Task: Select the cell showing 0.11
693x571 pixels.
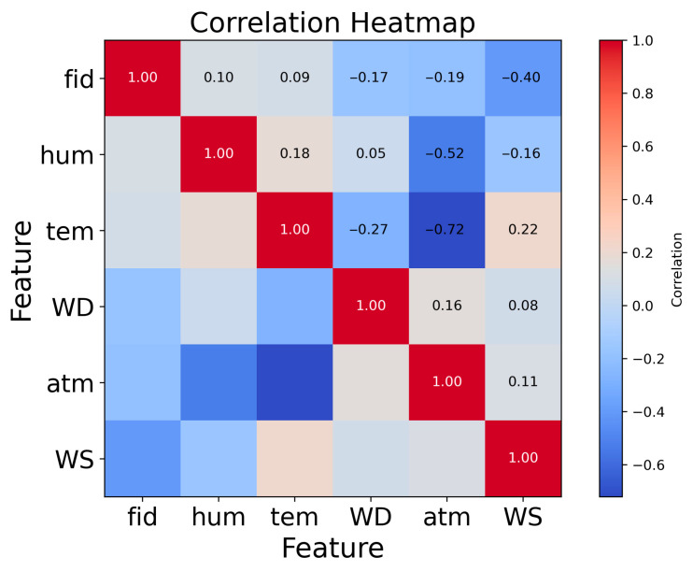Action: (x=523, y=382)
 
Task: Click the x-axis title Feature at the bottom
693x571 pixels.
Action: (x=332, y=547)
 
